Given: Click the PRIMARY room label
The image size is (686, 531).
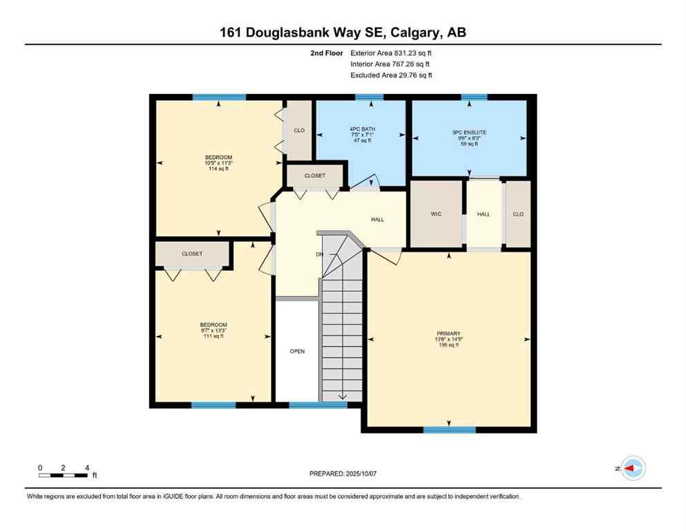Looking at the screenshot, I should [x=448, y=333].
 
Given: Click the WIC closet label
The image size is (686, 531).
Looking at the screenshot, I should [x=436, y=214].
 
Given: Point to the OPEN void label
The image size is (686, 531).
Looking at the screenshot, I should [x=297, y=351].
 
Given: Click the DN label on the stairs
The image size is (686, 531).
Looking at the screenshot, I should [x=319, y=254].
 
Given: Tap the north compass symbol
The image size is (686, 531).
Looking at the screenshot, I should [x=631, y=468].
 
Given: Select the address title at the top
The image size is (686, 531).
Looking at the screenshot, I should [x=343, y=32].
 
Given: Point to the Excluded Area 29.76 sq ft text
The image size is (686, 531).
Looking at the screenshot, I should [x=391, y=75].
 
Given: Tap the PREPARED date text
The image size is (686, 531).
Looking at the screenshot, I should [x=343, y=474].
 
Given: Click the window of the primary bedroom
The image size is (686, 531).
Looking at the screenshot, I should [x=449, y=429].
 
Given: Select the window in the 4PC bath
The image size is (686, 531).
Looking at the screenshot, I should [x=369, y=97].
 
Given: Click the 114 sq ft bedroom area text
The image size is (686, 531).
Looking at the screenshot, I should [x=219, y=169].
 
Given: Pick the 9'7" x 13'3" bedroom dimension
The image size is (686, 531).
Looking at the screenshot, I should [x=213, y=330].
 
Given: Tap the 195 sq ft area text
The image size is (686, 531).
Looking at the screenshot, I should [x=448, y=345].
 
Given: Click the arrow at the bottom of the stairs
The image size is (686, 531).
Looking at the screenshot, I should [x=342, y=396].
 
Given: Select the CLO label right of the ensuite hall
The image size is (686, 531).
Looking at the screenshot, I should [x=518, y=214].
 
